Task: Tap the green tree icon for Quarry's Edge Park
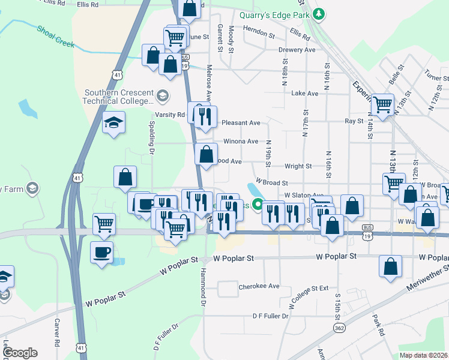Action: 320,13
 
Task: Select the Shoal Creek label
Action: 55,37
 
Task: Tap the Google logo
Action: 20,353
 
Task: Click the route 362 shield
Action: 339,328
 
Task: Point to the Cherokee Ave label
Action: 259,286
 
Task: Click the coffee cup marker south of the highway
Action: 101,251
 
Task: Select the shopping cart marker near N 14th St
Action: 382,104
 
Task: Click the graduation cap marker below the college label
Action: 113,122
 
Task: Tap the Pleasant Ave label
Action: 241,122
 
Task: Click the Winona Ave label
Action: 241,142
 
